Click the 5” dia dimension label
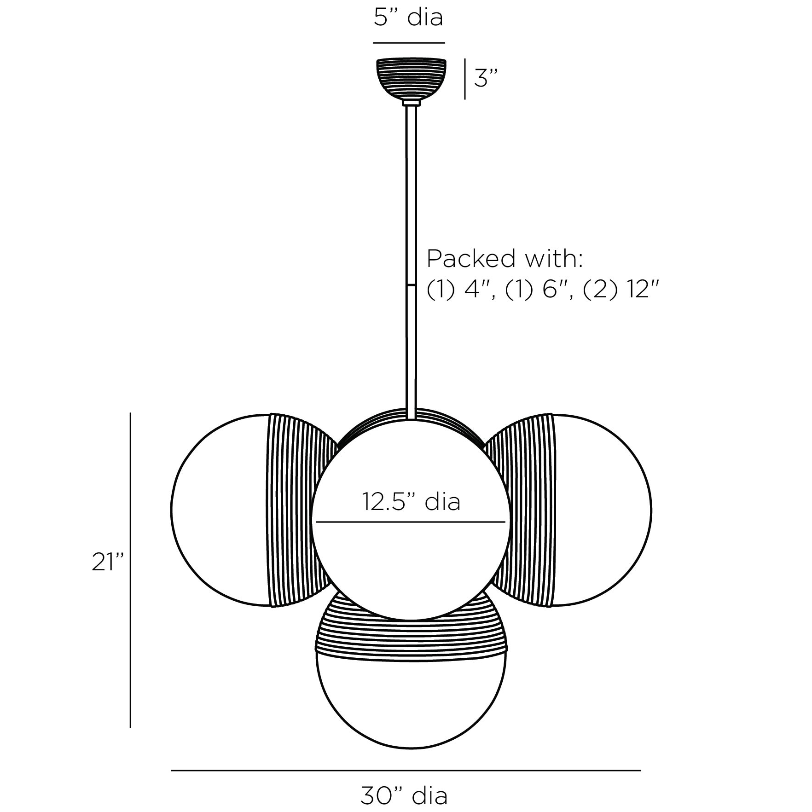pyautogui.click(x=408, y=17)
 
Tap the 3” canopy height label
pyautogui.click(x=486, y=78)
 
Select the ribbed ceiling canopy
pyautogui.click(x=411, y=79)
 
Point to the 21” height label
pyautogui.click(x=108, y=562)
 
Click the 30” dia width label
pyautogui.click(x=404, y=795)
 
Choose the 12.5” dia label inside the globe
pyautogui.click(x=411, y=501)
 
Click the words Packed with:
pyautogui.click(x=505, y=259)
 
